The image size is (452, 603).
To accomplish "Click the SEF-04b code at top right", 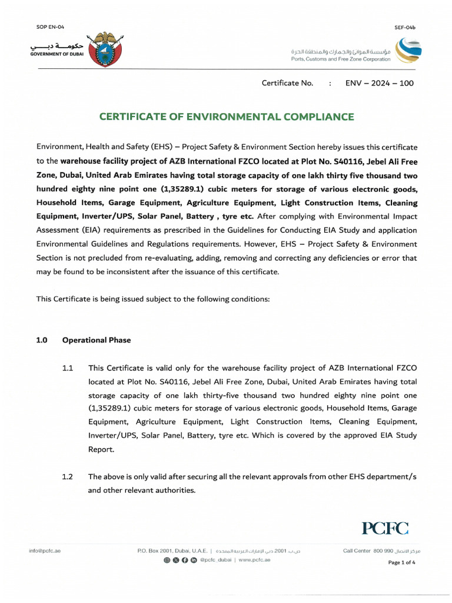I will coord(405,28).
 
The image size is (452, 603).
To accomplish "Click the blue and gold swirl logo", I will coord(408,50).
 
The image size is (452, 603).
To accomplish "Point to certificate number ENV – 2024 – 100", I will coord(379,83).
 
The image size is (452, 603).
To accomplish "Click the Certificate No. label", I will coord(287,83).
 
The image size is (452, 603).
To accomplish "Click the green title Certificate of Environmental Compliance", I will coord(226,117).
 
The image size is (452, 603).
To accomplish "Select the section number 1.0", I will coord(42,340).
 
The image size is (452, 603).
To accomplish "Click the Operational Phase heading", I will coord(97,340).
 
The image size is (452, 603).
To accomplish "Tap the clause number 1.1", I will coord(67,368).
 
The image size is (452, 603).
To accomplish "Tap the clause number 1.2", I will coord(67,477).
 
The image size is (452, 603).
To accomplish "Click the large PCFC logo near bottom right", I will coord(385,528).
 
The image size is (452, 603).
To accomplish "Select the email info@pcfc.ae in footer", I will coord(45,551).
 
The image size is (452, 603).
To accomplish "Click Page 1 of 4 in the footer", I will coord(402,562).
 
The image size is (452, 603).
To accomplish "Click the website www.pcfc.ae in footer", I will coord(254,559).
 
